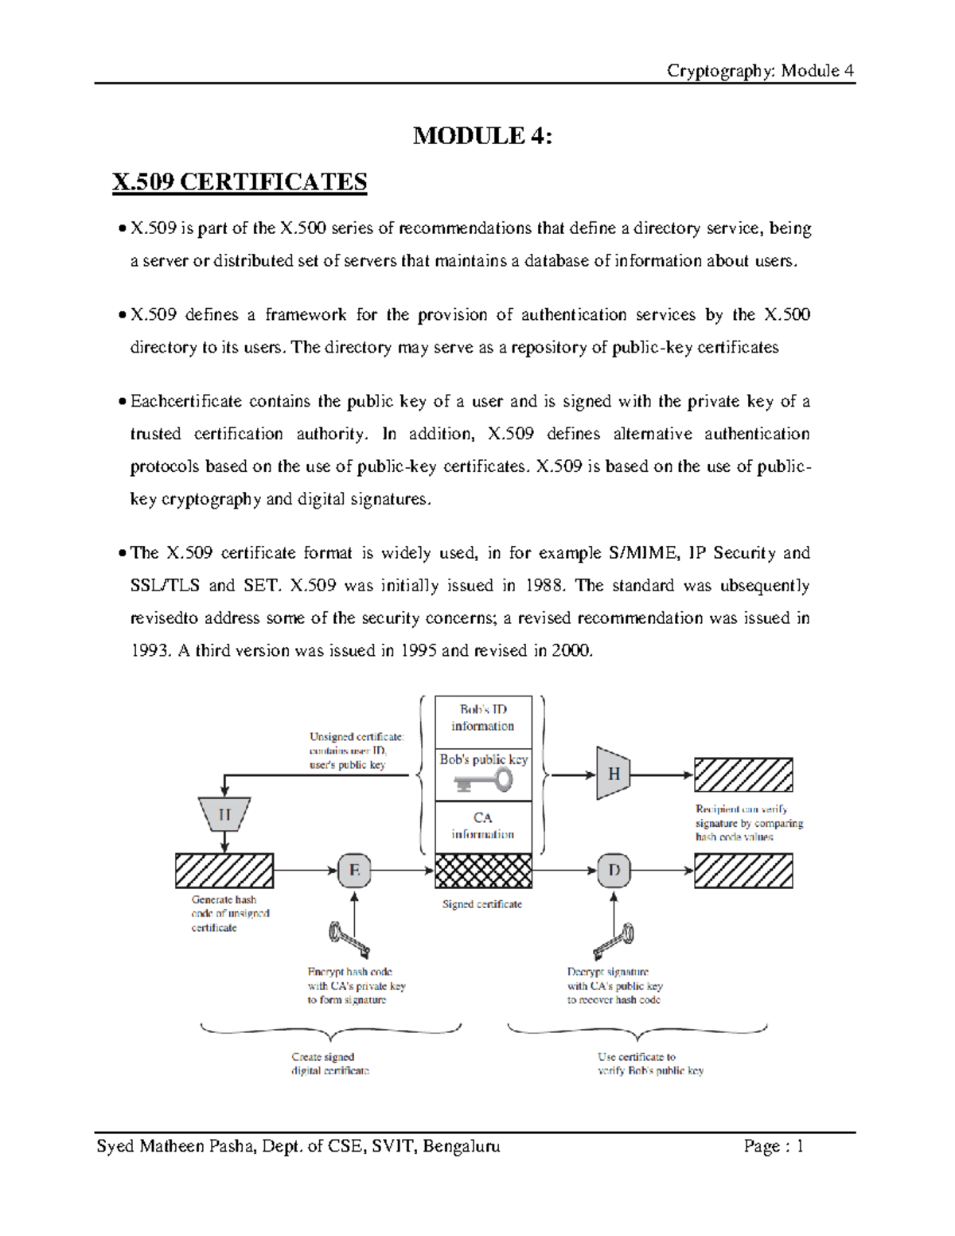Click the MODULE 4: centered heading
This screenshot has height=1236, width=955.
pyautogui.click(x=482, y=136)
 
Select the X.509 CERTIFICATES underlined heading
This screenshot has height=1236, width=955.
pyautogui.click(x=240, y=182)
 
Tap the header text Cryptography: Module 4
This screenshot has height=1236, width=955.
pyautogui.click(x=760, y=71)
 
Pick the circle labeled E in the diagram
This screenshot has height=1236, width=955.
pyautogui.click(x=354, y=871)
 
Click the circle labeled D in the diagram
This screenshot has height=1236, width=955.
pyautogui.click(x=614, y=871)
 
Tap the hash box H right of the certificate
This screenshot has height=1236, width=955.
pyautogui.click(x=614, y=774)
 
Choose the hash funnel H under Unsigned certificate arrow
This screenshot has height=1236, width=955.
pyautogui.click(x=224, y=815)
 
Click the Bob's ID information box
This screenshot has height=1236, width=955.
pyautogui.click(x=483, y=718)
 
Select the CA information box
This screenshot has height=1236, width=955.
pyautogui.click(x=483, y=826)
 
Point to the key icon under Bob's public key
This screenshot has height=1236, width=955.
pyautogui.click(x=484, y=782)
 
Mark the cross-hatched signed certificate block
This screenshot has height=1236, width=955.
pyautogui.click(x=483, y=871)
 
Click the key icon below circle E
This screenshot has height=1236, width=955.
pyautogui.click(x=349, y=939)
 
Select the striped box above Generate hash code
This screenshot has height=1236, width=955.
pyautogui.click(x=224, y=871)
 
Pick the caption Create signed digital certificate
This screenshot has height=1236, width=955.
pyautogui.click(x=329, y=1064)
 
